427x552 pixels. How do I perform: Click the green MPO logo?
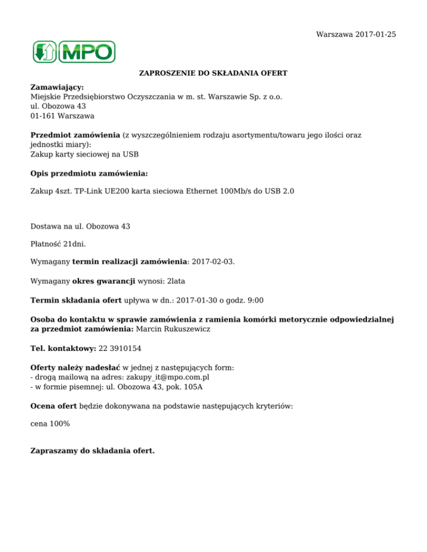click(73, 52)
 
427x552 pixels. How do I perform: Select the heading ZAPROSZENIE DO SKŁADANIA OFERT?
click(213, 73)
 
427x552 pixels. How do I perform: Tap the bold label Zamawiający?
click(57, 88)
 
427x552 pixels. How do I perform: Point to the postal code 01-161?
click(42, 116)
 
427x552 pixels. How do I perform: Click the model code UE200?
click(114, 191)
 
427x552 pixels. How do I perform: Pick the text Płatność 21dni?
click(58, 244)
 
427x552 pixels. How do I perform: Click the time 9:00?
click(255, 300)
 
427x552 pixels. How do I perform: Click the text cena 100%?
click(50, 424)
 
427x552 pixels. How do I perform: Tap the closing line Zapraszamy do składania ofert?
click(92, 450)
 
